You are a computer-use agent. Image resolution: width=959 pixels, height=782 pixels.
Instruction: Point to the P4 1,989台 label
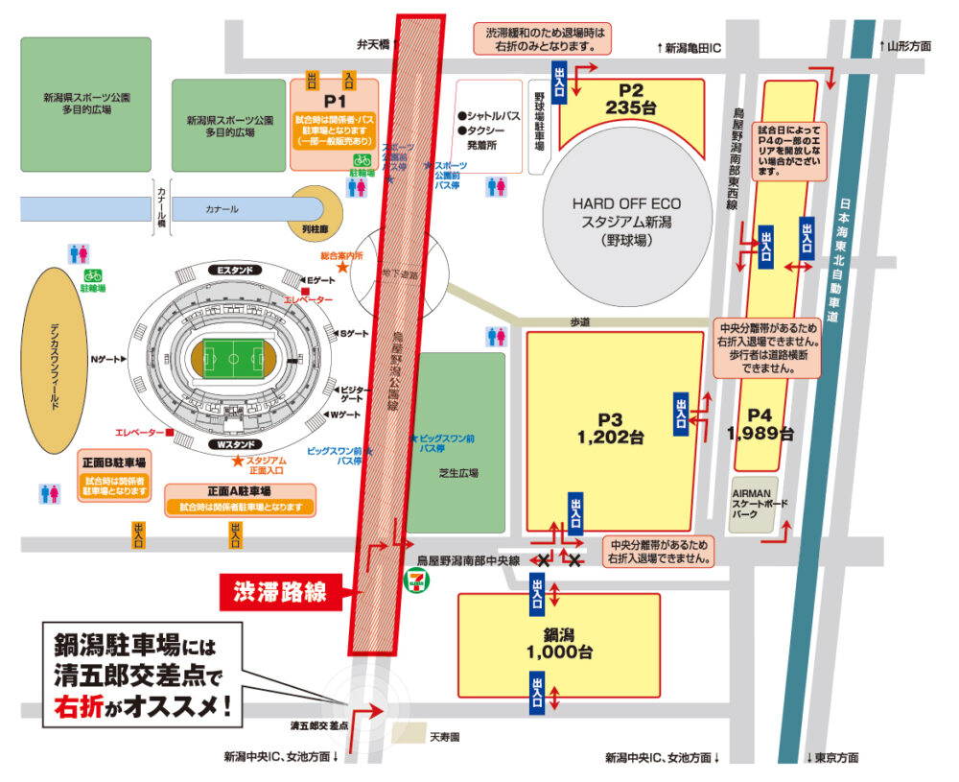coord(760,424)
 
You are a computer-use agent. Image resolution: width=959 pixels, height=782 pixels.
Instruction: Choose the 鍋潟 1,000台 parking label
coord(559,643)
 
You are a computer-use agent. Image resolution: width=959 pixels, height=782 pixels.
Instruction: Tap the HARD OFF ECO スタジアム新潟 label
coord(626,220)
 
